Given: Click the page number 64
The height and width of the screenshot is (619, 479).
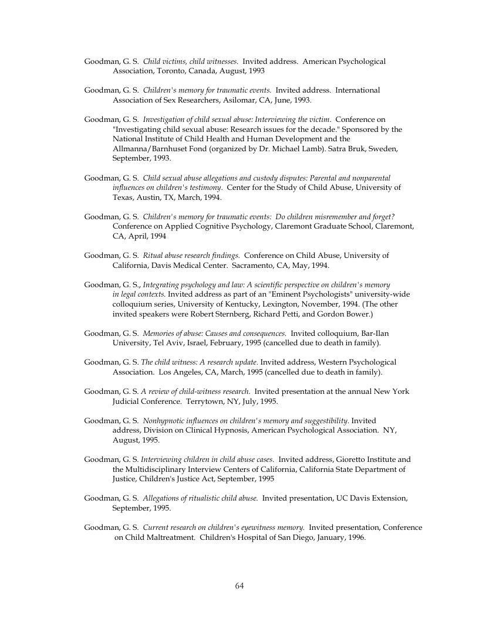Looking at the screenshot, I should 239,586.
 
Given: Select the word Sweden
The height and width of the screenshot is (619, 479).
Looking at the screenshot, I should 385,148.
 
